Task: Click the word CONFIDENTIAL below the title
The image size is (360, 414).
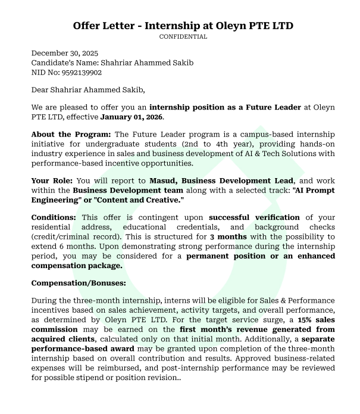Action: (x=183, y=37)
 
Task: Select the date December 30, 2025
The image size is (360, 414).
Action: (x=65, y=53)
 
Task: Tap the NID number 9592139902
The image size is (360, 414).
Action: (x=80, y=73)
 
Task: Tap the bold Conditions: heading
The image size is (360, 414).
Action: (x=54, y=218)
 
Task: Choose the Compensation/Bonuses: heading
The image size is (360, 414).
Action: (x=79, y=283)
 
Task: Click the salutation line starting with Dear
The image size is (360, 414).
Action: (x=88, y=90)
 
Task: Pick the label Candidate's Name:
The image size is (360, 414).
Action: (x=64, y=63)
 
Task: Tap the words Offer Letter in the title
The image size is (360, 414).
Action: (x=105, y=26)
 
